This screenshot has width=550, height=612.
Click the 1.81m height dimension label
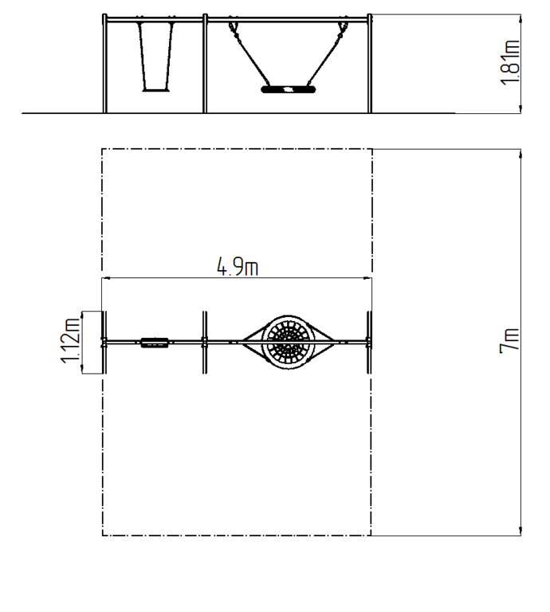pyautogui.click(x=510, y=62)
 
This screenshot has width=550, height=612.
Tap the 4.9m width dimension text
pyautogui.click(x=238, y=267)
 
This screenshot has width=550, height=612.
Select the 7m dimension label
pyautogui.click(x=509, y=341)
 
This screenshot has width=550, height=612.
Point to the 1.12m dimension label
pyautogui.click(x=70, y=341)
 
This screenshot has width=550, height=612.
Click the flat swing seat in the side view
pyautogui.click(x=155, y=90)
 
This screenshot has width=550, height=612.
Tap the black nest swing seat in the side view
pyautogui.click(x=288, y=90)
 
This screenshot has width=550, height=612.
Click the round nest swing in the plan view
pyautogui.click(x=288, y=343)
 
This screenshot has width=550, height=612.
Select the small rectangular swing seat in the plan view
pyautogui.click(x=155, y=343)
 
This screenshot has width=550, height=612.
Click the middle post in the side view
pyautogui.click(x=205, y=64)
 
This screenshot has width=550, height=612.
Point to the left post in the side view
pyautogui.click(x=104, y=64)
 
